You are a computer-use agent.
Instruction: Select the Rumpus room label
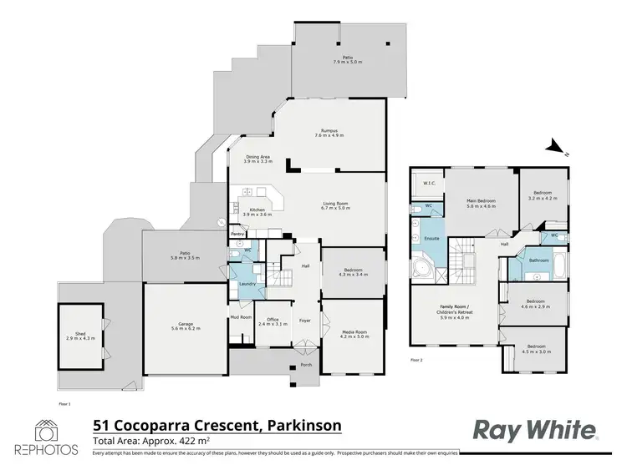(x=329, y=129)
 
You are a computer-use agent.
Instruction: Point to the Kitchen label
(x=251, y=210)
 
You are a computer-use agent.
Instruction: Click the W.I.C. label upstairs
(x=428, y=183)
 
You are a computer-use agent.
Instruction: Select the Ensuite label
(x=432, y=238)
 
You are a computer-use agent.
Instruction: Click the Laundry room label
(x=247, y=284)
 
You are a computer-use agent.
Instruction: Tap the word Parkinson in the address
(x=304, y=425)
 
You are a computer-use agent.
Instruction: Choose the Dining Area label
(x=257, y=156)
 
